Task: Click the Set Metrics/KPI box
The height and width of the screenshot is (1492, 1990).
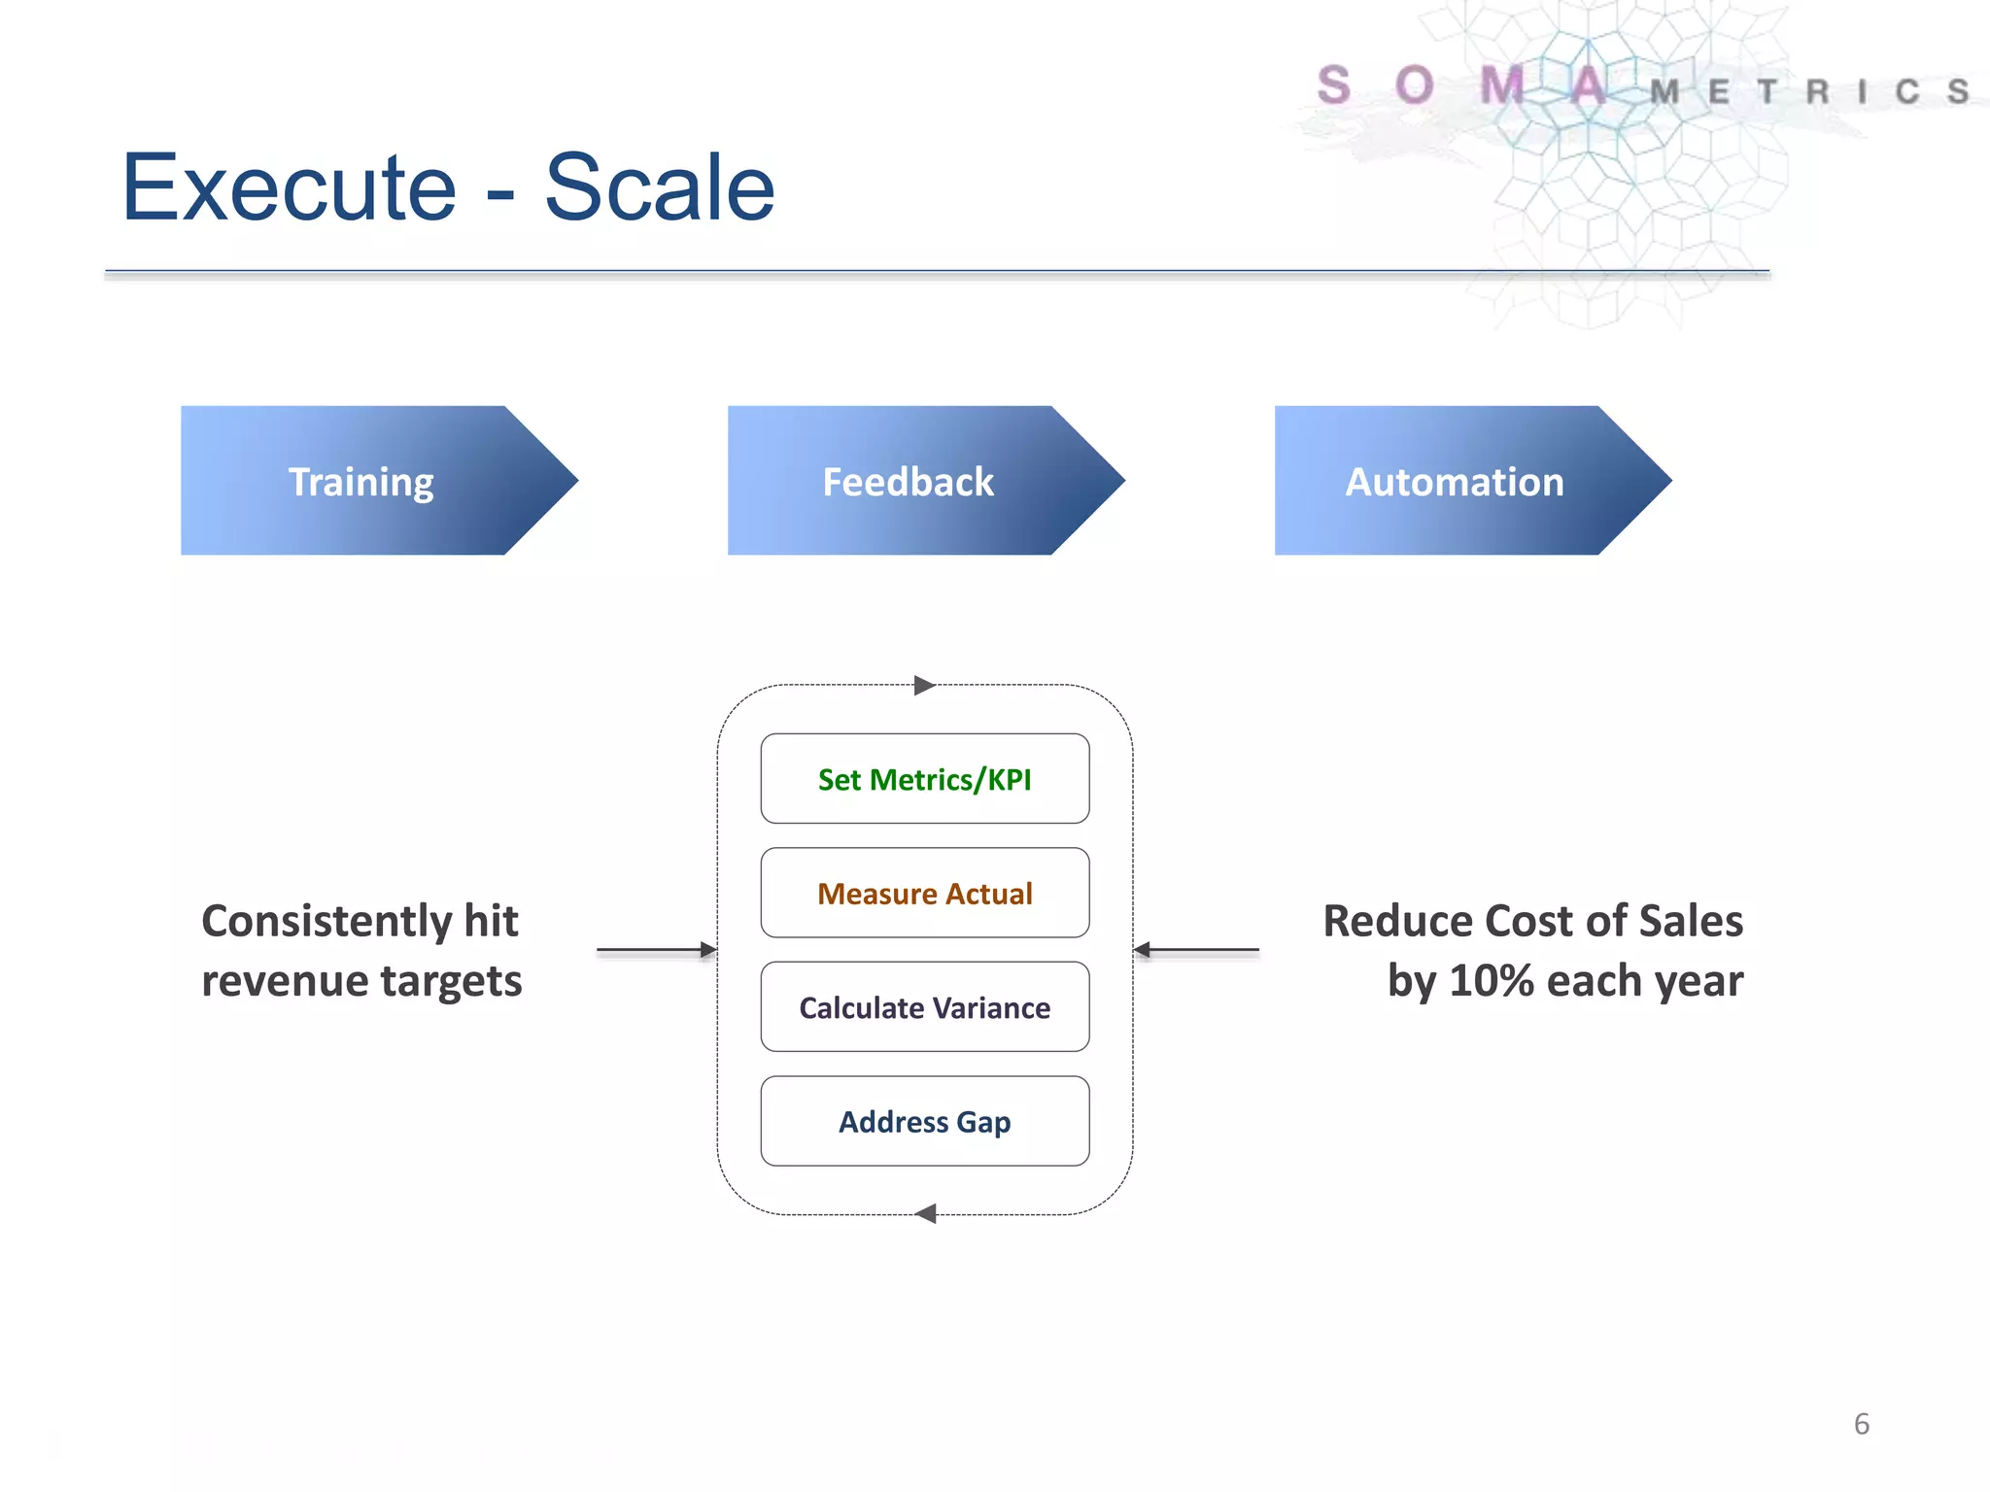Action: pyautogui.click(x=924, y=779)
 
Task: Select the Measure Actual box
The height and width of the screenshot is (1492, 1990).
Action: pyautogui.click(x=924, y=893)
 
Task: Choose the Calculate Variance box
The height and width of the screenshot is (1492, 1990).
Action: pyautogui.click(x=924, y=1007)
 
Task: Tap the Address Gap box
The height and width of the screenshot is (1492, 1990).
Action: pyautogui.click(x=924, y=1121)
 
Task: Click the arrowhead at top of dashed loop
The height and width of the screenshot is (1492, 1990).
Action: pyautogui.click(x=924, y=686)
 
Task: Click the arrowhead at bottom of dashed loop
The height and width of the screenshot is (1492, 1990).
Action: pyautogui.click(x=925, y=1213)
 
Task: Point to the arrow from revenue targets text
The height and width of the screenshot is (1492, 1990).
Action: pyautogui.click(x=656, y=949)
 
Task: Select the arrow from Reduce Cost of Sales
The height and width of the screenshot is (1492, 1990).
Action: pyautogui.click(x=1196, y=949)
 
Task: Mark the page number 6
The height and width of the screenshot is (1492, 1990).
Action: pyautogui.click(x=1861, y=1424)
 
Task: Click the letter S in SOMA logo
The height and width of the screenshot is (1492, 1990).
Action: pyautogui.click(x=1334, y=85)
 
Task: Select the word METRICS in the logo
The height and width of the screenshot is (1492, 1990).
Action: pyautogui.click(x=1808, y=92)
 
